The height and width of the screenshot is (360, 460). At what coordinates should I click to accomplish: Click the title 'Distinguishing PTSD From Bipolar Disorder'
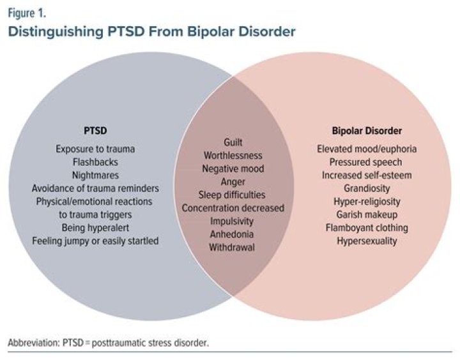coord(151,31)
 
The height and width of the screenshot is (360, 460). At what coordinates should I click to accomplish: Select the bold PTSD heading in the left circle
coord(95,131)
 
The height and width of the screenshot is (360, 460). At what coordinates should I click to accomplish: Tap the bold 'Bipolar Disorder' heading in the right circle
coord(367,131)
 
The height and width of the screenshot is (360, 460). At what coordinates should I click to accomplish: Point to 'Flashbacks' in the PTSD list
coord(95,162)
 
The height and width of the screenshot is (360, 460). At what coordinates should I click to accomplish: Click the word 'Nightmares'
coord(95,175)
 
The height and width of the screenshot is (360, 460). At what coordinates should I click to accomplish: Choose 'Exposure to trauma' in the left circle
coord(95,149)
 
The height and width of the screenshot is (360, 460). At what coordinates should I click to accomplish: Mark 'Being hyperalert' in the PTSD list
coord(95,227)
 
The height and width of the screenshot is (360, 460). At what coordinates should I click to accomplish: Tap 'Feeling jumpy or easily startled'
coord(95,241)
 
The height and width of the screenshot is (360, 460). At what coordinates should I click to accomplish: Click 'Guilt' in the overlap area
coord(233,142)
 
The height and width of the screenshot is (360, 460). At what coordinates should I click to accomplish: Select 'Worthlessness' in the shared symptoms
coord(233,155)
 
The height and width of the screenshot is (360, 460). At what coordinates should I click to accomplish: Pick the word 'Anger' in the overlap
coord(233,181)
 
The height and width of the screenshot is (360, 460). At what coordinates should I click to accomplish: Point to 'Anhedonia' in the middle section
coord(233,234)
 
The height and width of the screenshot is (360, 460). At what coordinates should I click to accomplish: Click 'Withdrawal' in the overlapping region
coord(233,247)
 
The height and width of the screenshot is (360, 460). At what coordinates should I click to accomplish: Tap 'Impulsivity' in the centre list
coord(233,221)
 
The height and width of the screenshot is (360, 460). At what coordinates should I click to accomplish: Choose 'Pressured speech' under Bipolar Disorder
coord(367,162)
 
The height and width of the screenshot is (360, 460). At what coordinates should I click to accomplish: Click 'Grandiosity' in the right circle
coord(367,188)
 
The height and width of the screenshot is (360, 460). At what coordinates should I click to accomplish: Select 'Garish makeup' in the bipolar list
coord(367,214)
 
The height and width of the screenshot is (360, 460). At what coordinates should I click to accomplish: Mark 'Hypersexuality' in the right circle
coord(367,241)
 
